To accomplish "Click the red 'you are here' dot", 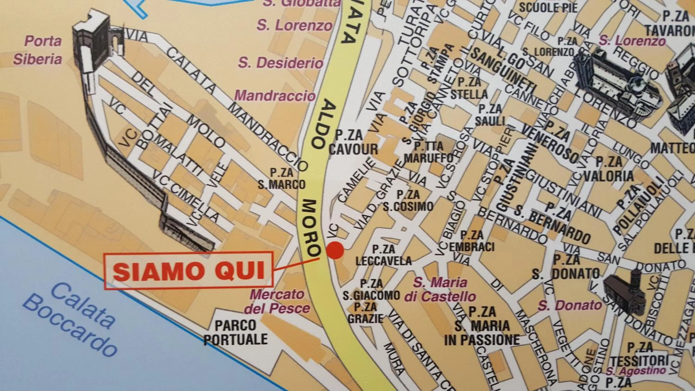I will pyautogui.click(x=335, y=250).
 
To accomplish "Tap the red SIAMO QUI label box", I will pyautogui.click(x=189, y=271).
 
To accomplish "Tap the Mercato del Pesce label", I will pyautogui.click(x=277, y=301).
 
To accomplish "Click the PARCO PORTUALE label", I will pyautogui.click(x=236, y=332).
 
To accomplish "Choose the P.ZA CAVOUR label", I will pyautogui.click(x=353, y=142).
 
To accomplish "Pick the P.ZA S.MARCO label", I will pyautogui.click(x=282, y=179).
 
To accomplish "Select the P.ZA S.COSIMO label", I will pyautogui.click(x=408, y=201).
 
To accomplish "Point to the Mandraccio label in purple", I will pyautogui.click(x=275, y=95).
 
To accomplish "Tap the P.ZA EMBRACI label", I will pyautogui.click(x=472, y=241).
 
